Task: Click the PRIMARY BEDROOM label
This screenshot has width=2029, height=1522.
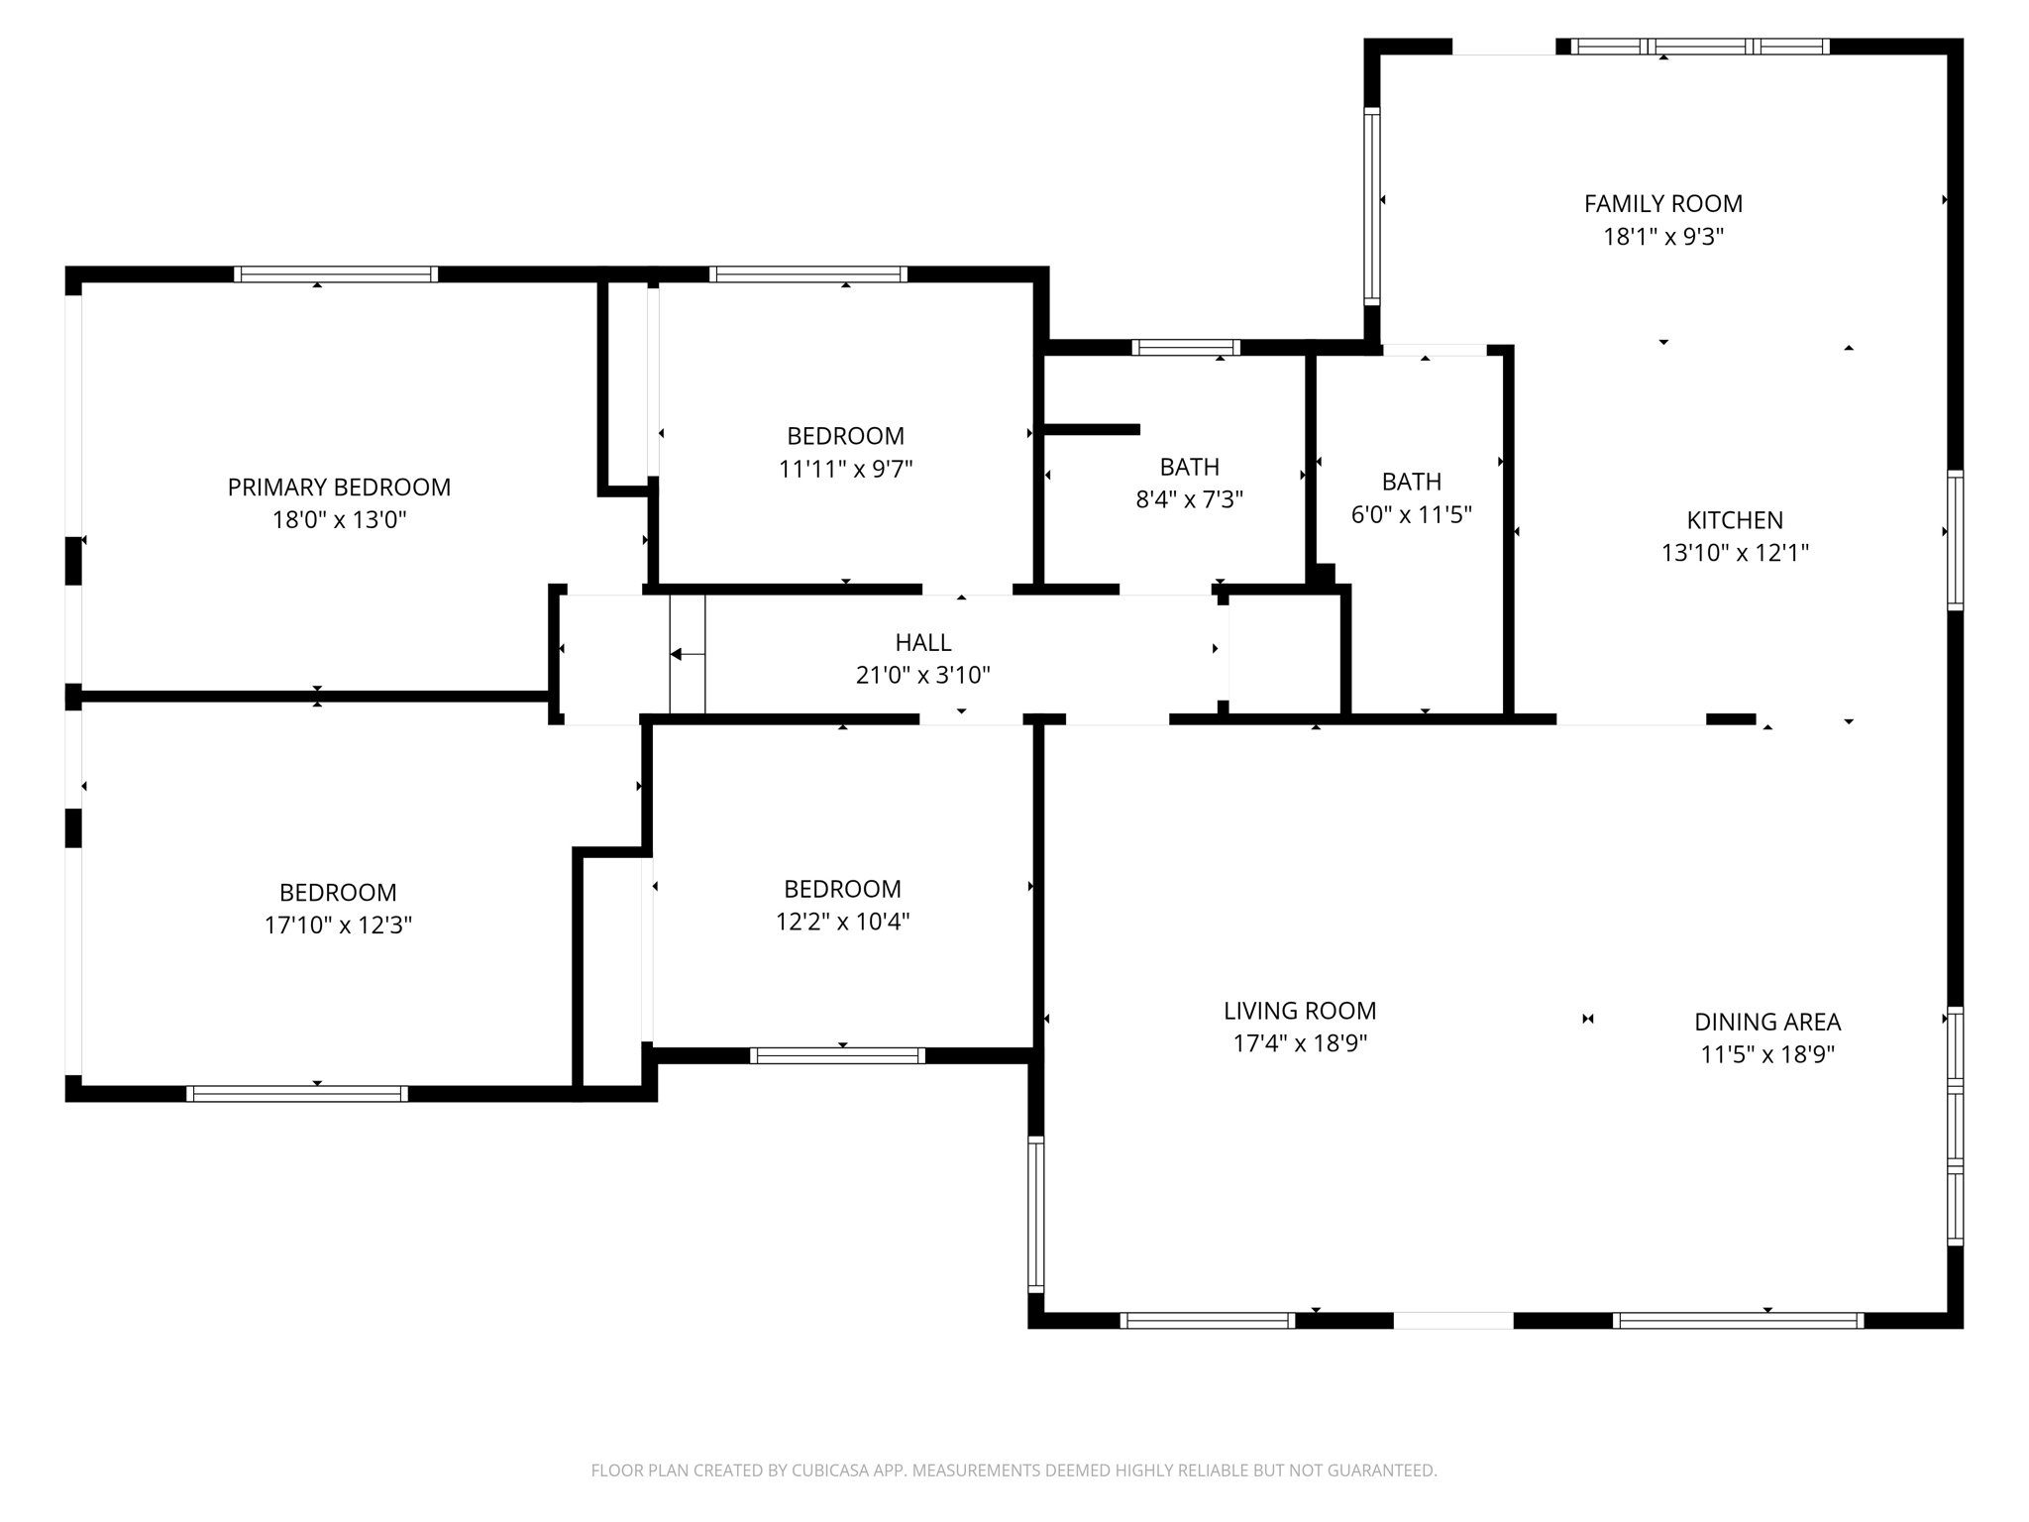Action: point(339,487)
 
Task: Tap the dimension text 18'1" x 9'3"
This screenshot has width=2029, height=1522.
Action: point(1663,237)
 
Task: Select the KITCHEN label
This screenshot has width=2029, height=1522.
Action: point(1735,520)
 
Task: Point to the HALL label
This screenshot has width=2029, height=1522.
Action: point(923,642)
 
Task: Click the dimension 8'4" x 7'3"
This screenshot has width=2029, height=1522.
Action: point(1189,499)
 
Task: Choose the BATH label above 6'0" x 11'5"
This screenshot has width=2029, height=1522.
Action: point(1411,482)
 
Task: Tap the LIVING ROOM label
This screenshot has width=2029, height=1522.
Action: point(1300,1011)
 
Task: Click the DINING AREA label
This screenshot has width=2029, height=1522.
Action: point(1767,1022)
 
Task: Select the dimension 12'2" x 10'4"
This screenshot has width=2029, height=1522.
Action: point(842,922)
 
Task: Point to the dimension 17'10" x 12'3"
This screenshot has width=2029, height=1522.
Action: point(338,924)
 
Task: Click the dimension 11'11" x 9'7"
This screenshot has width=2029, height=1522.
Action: point(845,469)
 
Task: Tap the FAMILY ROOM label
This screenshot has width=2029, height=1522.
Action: point(1663,204)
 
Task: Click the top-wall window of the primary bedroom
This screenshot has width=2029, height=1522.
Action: point(336,274)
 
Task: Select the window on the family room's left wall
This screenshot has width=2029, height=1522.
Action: point(1372,206)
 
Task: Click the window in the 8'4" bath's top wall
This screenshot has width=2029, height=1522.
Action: point(1186,347)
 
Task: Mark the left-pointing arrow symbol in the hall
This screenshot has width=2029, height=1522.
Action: point(679,654)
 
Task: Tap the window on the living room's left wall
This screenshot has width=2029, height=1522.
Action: point(1036,1214)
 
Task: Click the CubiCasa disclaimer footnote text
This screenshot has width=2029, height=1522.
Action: point(1014,1470)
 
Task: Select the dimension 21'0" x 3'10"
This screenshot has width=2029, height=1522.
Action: point(923,676)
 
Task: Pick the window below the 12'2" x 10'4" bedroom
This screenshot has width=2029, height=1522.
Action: point(837,1055)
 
